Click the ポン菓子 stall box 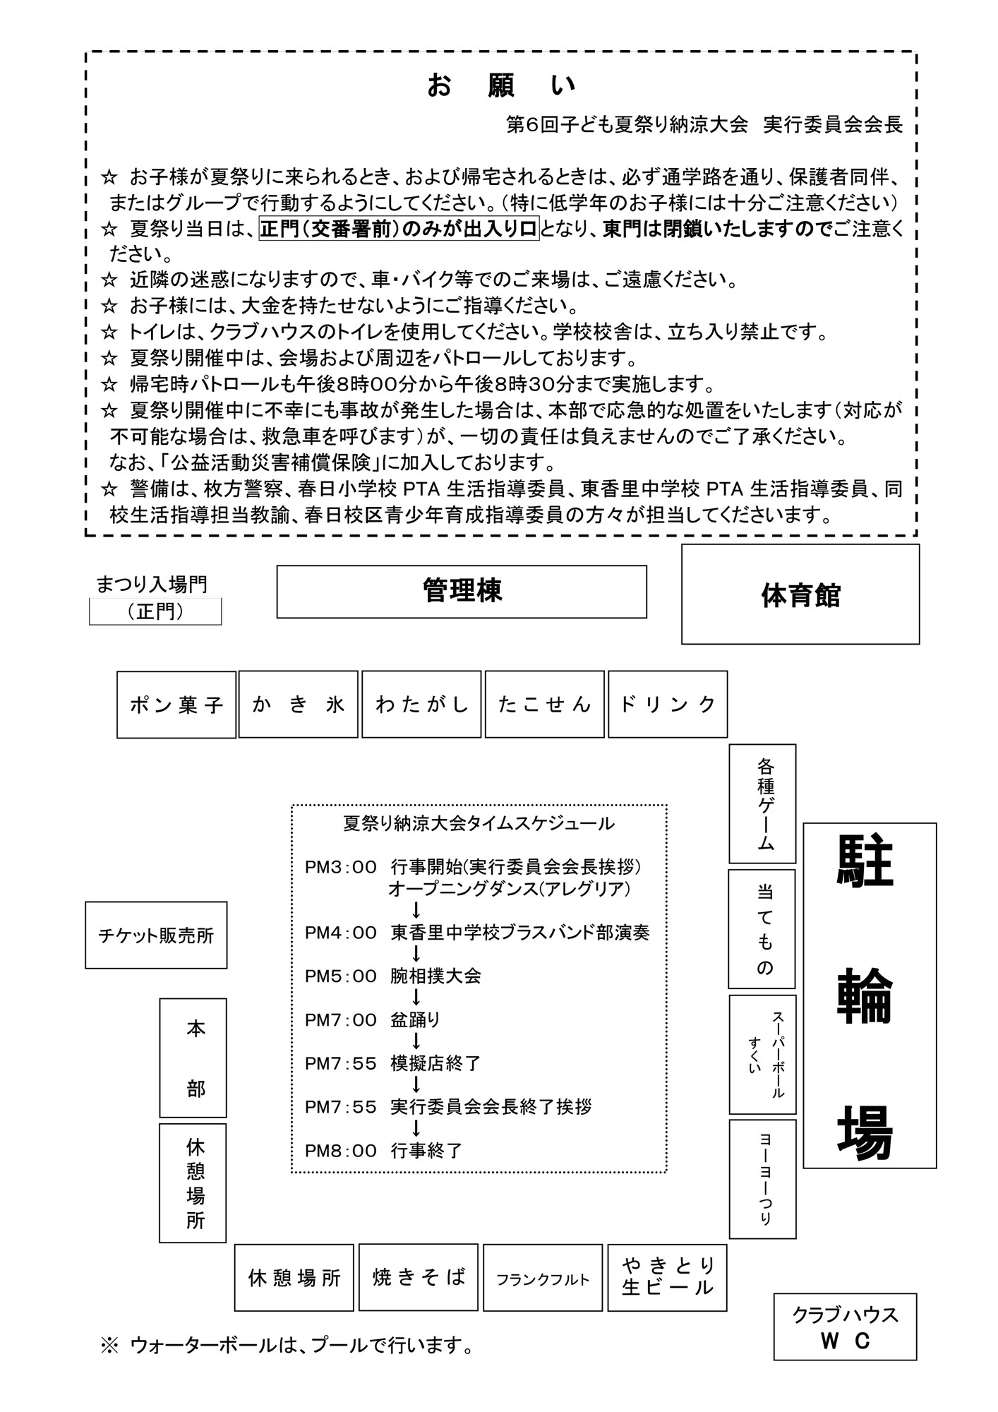pos(176,705)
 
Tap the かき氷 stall pos(299,705)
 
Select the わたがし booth pos(421,705)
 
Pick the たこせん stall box pos(544,705)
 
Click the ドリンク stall pos(667,705)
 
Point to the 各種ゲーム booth pos(762,803)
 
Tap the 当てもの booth pos(762,928)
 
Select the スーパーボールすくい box pos(762,1054)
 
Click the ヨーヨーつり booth pos(762,1178)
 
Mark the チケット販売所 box pos(156,935)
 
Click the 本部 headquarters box pos(193,1058)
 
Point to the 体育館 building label pos(800,594)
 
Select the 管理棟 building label pos(462,592)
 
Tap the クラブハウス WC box pos(845,1327)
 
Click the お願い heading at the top pos(501,85)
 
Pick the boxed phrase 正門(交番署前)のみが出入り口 pos(399,229)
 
